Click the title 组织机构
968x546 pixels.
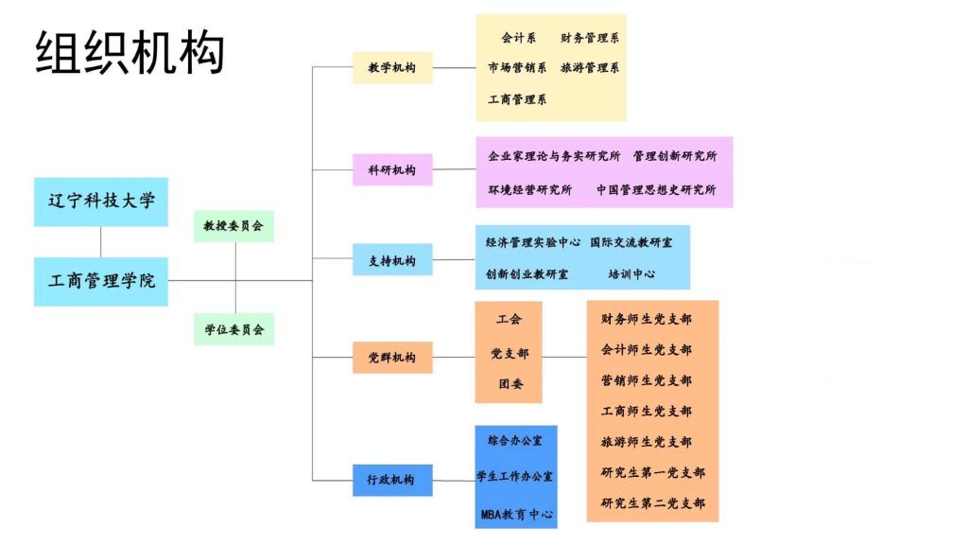click(130, 52)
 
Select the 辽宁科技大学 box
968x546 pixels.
click(100, 202)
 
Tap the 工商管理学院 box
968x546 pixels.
click(100, 282)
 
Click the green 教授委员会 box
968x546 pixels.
click(234, 226)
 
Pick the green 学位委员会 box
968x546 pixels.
click(234, 329)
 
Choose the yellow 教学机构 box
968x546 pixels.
click(392, 67)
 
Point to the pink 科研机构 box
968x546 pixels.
click(392, 169)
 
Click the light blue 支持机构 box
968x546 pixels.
click(392, 260)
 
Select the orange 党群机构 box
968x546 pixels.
click(392, 357)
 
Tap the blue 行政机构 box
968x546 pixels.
click(392, 480)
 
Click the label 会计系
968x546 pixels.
click(519, 38)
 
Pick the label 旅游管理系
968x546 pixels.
click(590, 67)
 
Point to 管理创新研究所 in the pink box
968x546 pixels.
click(675, 155)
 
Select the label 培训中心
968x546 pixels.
click(631, 273)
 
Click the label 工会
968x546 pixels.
click(509, 319)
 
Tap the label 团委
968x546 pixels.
click(510, 383)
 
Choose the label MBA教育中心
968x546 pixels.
click(517, 514)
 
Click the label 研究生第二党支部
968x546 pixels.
click(652, 502)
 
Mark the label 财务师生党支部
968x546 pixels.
click(647, 319)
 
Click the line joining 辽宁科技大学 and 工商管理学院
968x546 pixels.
click(100, 241)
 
